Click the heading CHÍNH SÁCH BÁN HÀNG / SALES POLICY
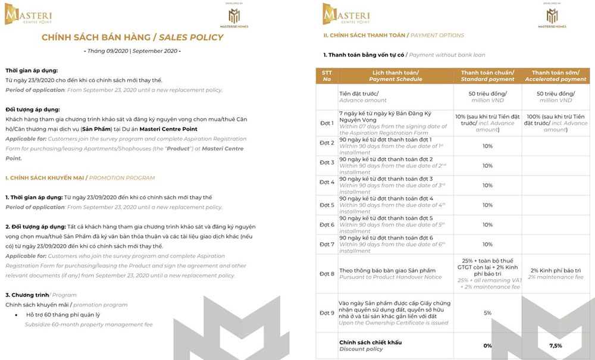click(132, 37)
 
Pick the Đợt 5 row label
click(327, 205)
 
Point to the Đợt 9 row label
click(327, 312)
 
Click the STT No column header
click(327, 76)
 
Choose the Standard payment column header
click(487, 76)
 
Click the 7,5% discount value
click(555, 346)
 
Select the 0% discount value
click(487, 346)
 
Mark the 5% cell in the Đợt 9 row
click(487, 312)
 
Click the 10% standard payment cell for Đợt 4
click(487, 185)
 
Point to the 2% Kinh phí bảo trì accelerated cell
click(555, 274)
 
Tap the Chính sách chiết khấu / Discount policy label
click(370, 346)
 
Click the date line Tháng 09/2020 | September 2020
click(132, 51)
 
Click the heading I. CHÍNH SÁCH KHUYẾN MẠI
click(80, 177)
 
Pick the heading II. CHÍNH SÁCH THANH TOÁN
click(393, 36)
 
